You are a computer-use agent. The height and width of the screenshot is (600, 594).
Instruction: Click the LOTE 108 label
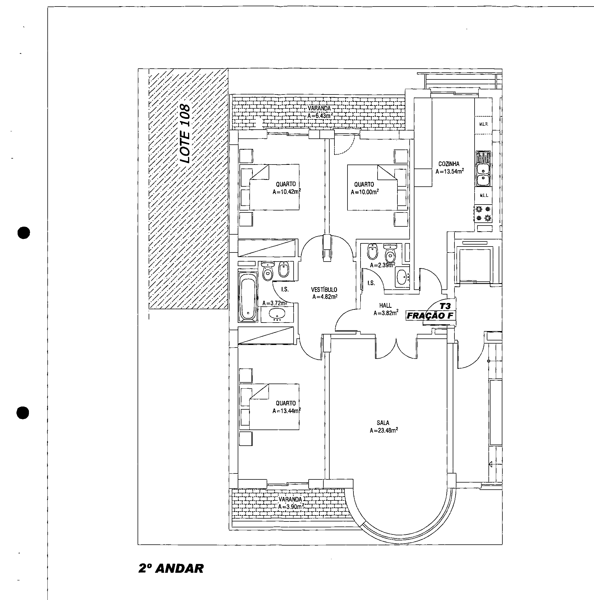pyautogui.click(x=185, y=134)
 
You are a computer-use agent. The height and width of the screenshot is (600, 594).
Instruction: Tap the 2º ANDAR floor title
pyautogui.click(x=171, y=568)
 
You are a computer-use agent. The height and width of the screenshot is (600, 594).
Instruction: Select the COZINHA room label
pyautogui.click(x=449, y=164)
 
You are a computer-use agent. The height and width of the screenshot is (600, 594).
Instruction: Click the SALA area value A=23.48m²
pyautogui.click(x=384, y=430)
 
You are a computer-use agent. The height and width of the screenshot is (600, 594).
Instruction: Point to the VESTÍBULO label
pyautogui.click(x=324, y=289)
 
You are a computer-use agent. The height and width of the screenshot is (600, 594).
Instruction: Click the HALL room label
pyautogui.click(x=385, y=305)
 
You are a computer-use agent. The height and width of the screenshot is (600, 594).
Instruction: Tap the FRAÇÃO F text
pyautogui.click(x=430, y=316)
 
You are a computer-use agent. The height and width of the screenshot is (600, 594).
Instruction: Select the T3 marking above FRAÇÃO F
pyautogui.click(x=445, y=306)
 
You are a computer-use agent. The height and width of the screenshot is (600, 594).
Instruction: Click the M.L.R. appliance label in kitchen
pyautogui.click(x=483, y=124)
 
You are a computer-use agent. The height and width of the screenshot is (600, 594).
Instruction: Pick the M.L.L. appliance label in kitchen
pyautogui.click(x=484, y=195)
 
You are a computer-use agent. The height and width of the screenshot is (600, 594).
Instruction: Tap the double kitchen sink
pyautogui.click(x=483, y=169)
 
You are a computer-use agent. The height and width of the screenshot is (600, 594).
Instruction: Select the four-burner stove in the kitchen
pyautogui.click(x=483, y=214)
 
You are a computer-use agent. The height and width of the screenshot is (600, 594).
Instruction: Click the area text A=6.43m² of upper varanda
pyautogui.click(x=320, y=116)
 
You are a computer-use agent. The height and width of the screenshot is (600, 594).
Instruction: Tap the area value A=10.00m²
pyautogui.click(x=365, y=192)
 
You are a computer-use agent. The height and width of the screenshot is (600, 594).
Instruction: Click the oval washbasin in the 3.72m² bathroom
pyautogui.click(x=277, y=315)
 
